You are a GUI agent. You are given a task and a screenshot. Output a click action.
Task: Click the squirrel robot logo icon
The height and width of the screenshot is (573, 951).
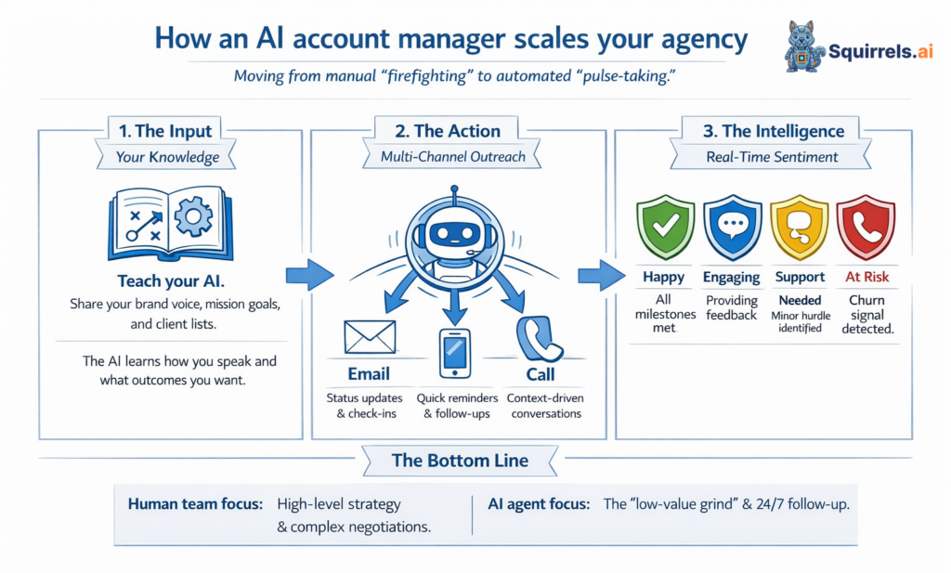[804, 46]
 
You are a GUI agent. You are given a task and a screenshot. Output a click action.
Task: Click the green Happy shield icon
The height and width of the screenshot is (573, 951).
[663, 227]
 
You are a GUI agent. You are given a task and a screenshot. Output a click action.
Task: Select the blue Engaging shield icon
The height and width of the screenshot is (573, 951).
[732, 227]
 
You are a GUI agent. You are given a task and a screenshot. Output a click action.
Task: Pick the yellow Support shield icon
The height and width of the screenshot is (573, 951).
[799, 227]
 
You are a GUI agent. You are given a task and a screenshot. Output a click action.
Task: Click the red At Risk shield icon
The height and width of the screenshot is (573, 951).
[865, 227]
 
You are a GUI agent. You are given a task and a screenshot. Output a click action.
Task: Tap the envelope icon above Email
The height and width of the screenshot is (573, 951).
[370, 337]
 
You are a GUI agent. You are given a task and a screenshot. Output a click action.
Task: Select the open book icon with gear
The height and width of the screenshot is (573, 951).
[170, 223]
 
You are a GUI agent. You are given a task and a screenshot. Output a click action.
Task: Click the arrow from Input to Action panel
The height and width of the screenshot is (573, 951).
[308, 275]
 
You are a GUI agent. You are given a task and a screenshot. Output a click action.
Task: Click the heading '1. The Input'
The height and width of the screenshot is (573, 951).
[165, 131]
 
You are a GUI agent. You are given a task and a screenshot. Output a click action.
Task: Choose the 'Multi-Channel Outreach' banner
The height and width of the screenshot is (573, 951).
[453, 157]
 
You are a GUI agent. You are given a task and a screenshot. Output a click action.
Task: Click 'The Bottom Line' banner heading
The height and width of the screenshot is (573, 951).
[458, 460]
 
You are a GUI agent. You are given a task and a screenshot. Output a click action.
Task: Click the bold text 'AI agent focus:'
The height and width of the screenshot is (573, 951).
[540, 504]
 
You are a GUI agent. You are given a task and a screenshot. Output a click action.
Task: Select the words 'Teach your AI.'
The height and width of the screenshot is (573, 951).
[169, 281]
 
